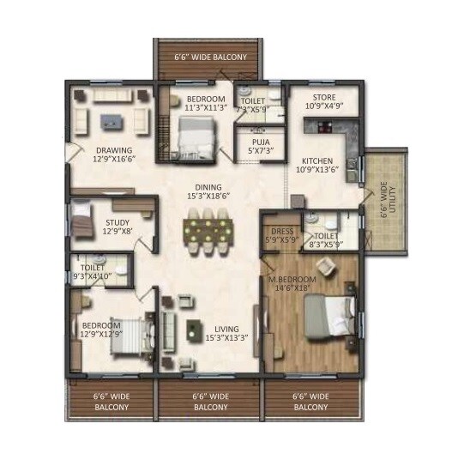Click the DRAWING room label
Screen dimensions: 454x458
pyautogui.click(x=113, y=150)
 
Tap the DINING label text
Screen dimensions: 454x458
pyautogui.click(x=208, y=187)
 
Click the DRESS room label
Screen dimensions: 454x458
pyautogui.click(x=282, y=232)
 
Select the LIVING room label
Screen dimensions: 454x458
pyautogui.click(x=226, y=329)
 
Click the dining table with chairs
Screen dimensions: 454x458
pyautogui.click(x=207, y=230)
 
